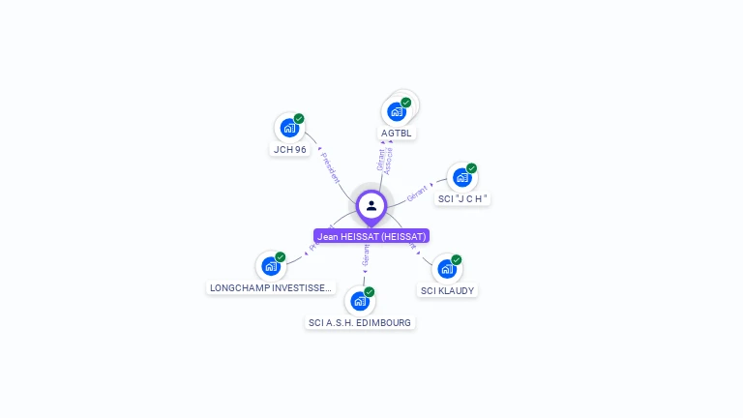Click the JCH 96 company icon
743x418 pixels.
coord(288,128)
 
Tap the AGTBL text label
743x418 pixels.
coord(397,134)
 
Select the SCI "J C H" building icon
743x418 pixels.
coord(461,178)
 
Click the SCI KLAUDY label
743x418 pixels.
coord(448,290)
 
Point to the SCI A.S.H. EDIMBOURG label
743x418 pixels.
coord(360,322)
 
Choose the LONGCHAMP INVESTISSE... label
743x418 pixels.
coord(272,288)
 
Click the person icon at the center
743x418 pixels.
coord(371,205)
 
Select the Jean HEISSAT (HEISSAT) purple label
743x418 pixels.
coord(371,236)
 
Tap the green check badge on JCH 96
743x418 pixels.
coord(299,119)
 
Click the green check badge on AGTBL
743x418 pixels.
coord(406,103)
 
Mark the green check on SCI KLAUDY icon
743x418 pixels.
coord(457,260)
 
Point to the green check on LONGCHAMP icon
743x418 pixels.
coord(281,257)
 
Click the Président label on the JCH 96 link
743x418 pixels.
coord(329,166)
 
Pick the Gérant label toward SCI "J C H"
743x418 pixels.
coord(417,192)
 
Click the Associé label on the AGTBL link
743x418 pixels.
coord(389,160)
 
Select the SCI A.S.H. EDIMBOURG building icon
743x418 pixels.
coord(359,301)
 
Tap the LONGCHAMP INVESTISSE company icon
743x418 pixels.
coord(270,266)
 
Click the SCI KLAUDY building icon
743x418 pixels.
coord(446,269)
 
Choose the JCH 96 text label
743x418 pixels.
coord(290,150)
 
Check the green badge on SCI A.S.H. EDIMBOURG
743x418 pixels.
coord(369,292)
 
